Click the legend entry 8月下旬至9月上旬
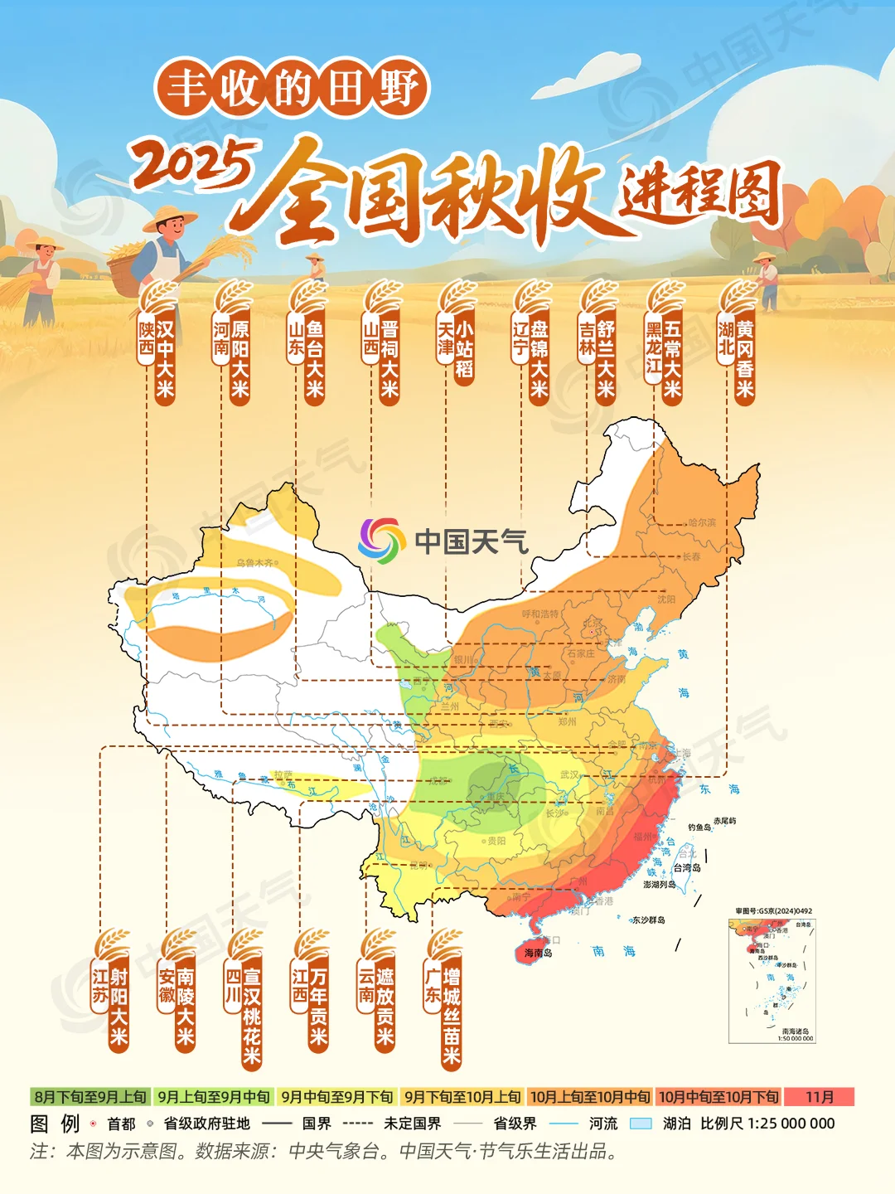coord(90,1097)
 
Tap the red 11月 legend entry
coord(820,1097)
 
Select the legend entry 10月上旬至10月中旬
coord(590,1097)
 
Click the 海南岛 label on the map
coord(538,953)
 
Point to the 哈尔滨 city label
coord(701,522)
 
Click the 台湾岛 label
coord(686,867)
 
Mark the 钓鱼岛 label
coord(699,828)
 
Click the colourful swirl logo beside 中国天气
coord(382,541)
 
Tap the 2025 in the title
coord(192,164)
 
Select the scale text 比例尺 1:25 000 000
coord(767,1124)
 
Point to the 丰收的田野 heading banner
coord(292,88)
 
